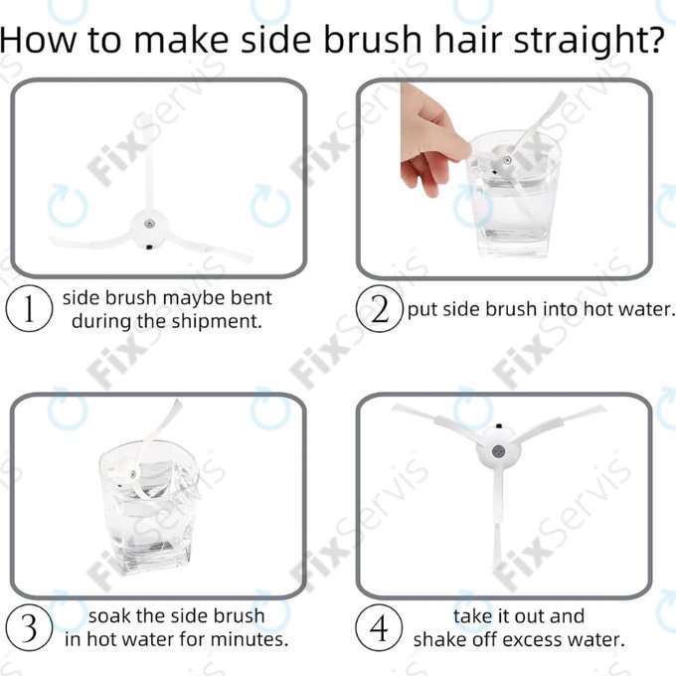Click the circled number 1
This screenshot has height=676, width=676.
(29, 309)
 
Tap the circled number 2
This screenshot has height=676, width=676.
(380, 309)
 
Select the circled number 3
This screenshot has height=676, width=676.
(29, 627)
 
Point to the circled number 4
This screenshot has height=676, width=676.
(380, 627)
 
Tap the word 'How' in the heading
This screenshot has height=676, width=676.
(39, 40)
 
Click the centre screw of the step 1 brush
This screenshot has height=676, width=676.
(149, 224)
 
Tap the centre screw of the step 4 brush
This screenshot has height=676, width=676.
(498, 451)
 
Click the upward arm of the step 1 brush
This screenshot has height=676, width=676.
(149, 164)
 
